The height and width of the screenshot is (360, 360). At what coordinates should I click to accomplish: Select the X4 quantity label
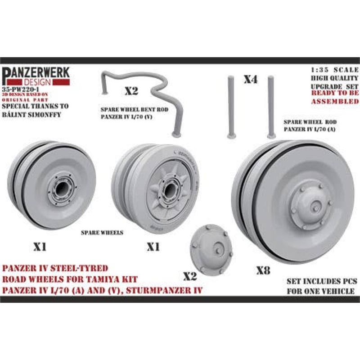250,80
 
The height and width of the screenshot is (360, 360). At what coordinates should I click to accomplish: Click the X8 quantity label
263,270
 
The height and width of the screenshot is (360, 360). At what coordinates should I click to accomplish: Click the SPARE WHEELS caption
102,233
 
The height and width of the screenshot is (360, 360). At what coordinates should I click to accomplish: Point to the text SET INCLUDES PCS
322,281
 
